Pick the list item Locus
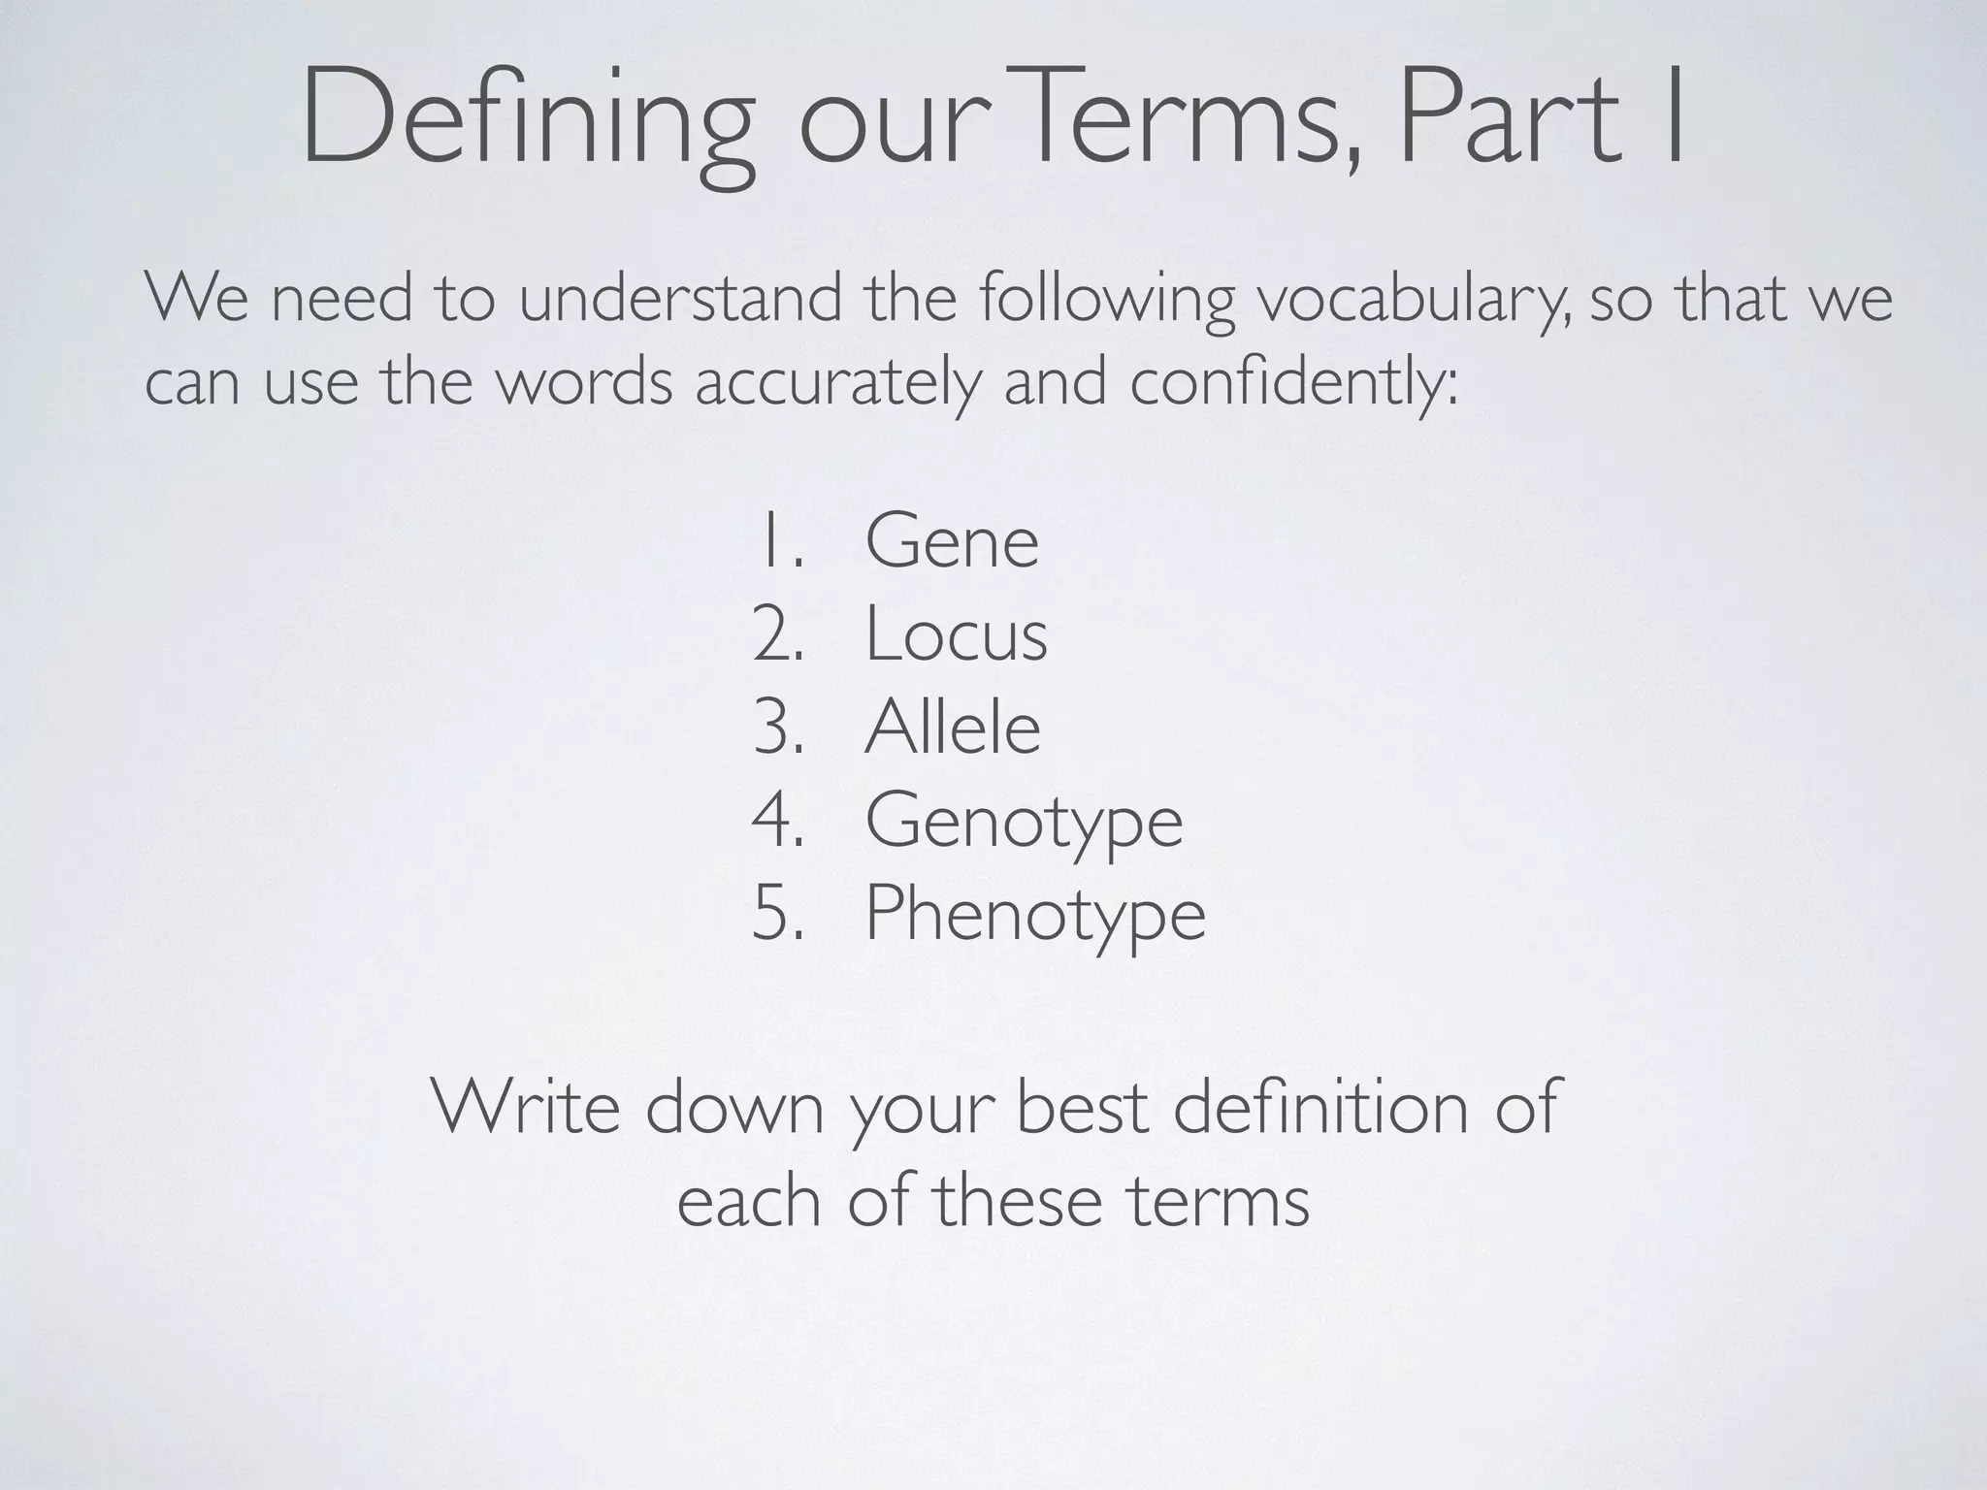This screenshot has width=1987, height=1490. tap(956, 635)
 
